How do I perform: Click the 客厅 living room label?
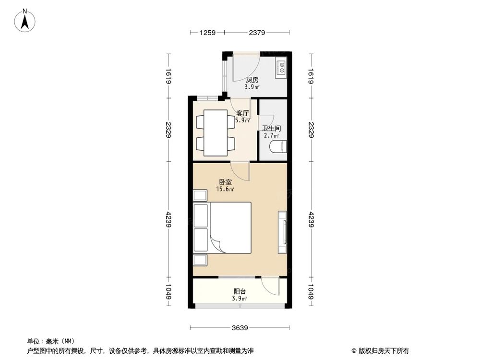(x=242, y=113)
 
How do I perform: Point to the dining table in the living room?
(x=215, y=133)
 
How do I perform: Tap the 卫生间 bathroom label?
(x=271, y=129)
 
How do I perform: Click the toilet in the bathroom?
(x=278, y=147)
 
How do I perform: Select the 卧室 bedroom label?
(x=225, y=182)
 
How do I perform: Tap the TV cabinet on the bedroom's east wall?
(x=282, y=232)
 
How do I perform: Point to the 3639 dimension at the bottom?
(x=240, y=328)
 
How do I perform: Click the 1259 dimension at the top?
(x=207, y=33)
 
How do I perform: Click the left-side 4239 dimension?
(x=168, y=220)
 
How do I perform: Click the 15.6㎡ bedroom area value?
(x=225, y=190)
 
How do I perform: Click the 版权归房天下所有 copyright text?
(x=380, y=350)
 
